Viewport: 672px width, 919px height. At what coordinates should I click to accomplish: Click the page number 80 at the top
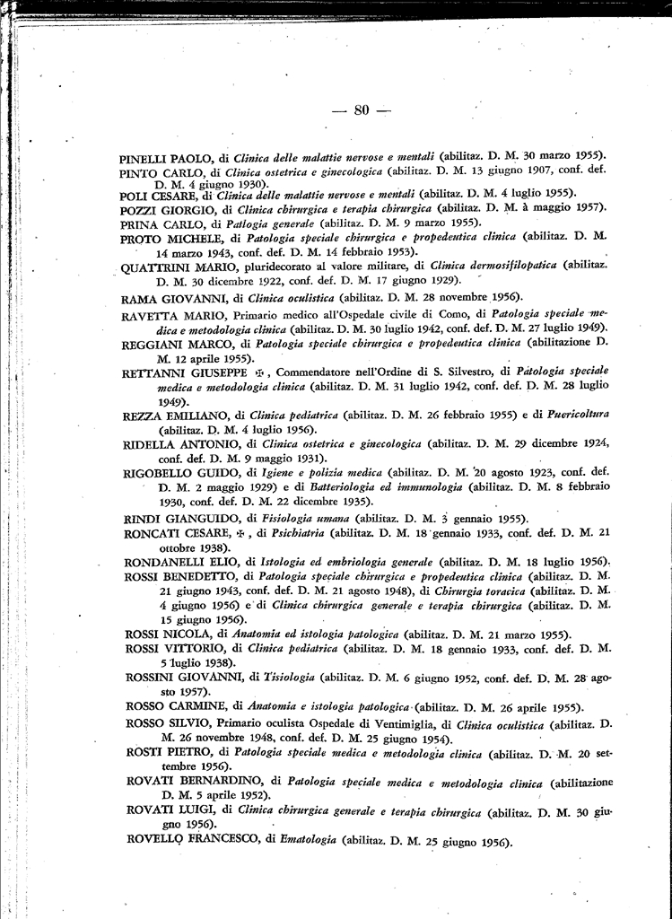click(362, 110)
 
